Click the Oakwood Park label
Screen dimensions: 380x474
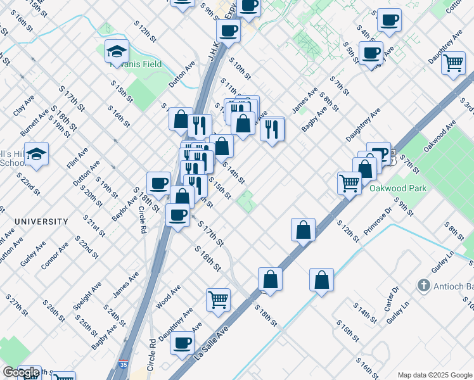pyautogui.click(x=399, y=188)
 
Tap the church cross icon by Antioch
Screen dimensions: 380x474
pyautogui.click(x=424, y=286)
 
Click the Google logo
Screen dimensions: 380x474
pyautogui.click(x=21, y=372)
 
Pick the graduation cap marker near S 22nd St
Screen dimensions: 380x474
pyautogui.click(x=37, y=154)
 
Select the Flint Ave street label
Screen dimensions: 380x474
pyautogui.click(x=75, y=156)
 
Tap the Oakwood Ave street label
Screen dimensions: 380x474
pyautogui.click(x=440, y=137)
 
